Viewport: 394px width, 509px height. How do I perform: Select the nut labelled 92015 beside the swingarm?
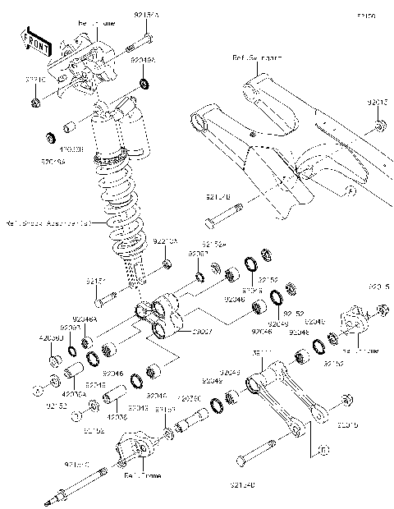tap(380, 126)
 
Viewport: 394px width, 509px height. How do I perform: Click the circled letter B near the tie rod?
tap(323, 449)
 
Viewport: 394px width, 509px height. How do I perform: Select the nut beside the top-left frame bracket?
tap(36, 103)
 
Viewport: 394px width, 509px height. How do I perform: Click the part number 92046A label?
tap(85, 319)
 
